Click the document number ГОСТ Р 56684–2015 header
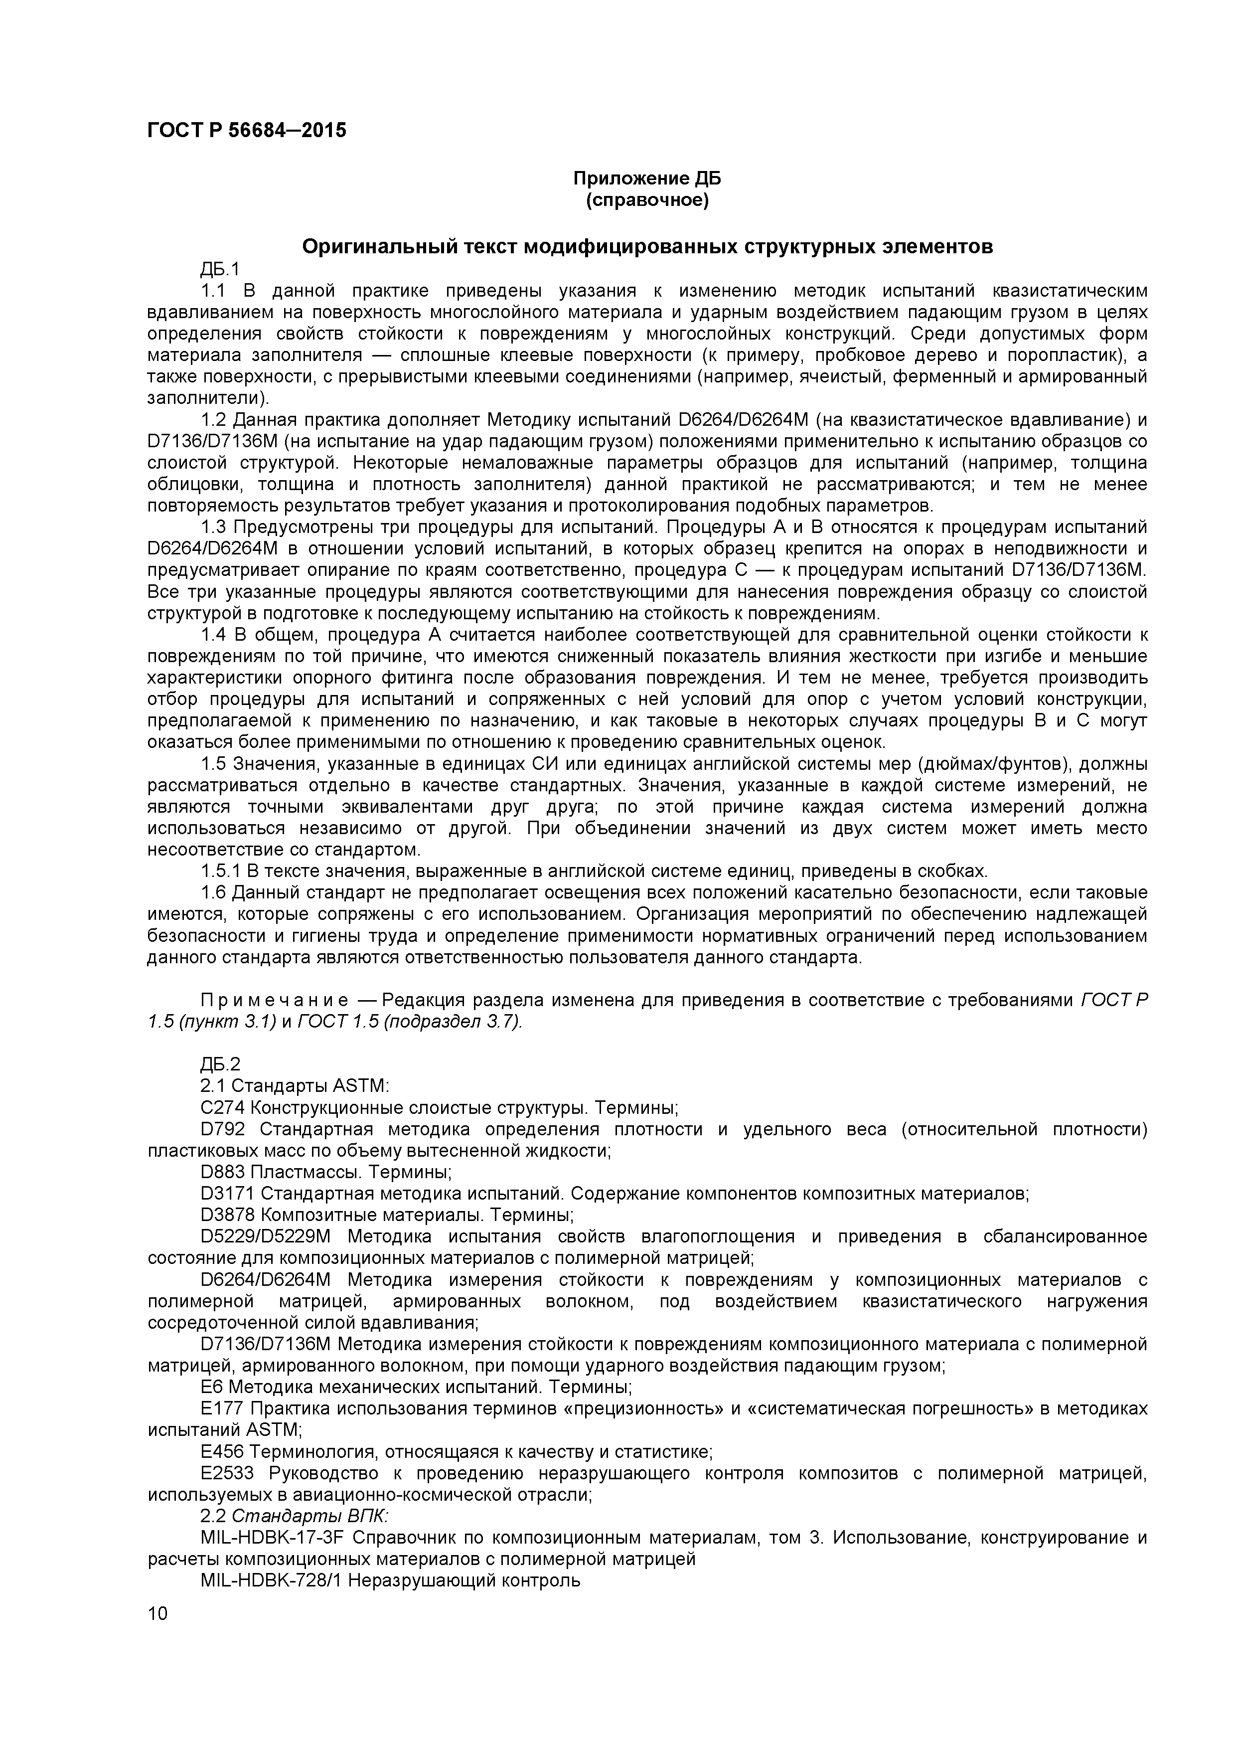246,130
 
